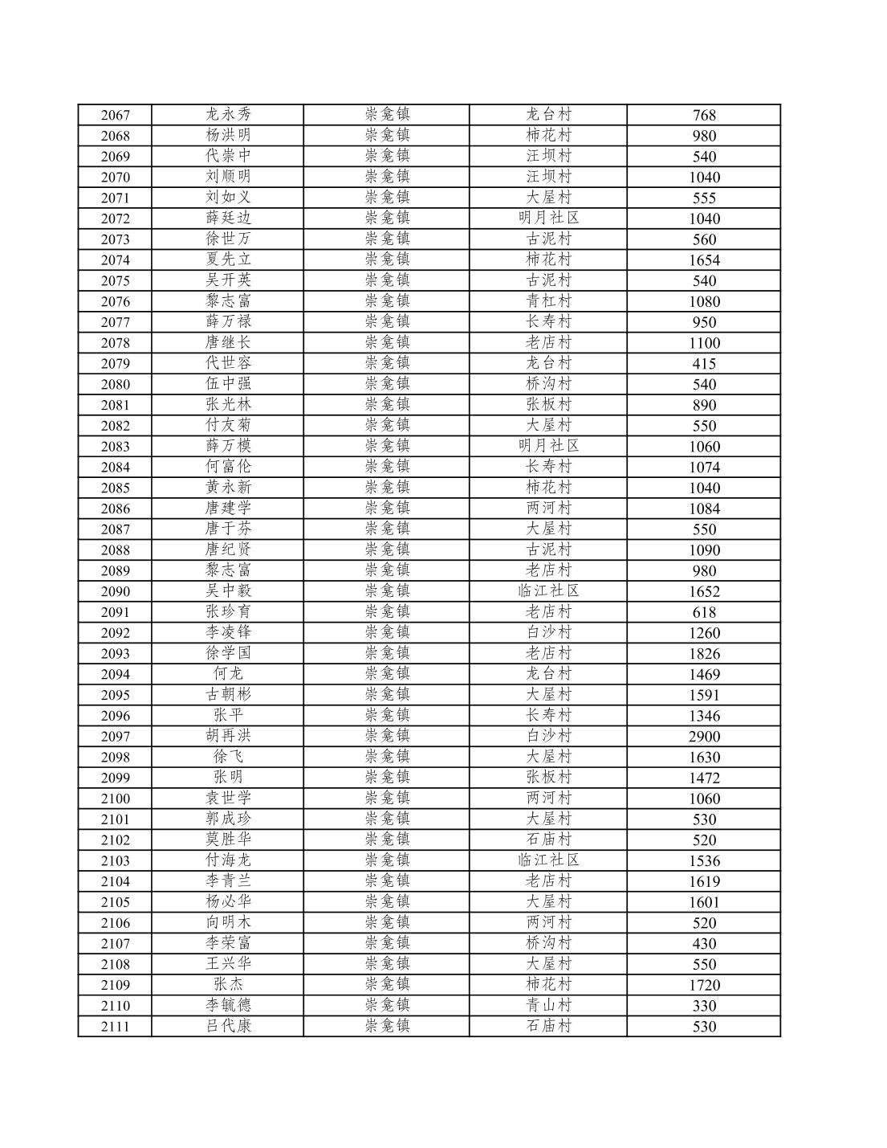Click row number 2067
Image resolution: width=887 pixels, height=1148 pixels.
[115, 115]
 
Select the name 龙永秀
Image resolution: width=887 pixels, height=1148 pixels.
[228, 115]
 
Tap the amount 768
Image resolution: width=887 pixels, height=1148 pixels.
[703, 115]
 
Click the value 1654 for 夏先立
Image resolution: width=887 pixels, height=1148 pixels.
[703, 259]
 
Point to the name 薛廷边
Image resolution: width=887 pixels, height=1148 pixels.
[228, 219]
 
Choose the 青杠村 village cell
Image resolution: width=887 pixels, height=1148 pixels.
[548, 301]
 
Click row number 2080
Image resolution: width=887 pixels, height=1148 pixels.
[115, 384]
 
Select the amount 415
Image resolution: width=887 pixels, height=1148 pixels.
[703, 363]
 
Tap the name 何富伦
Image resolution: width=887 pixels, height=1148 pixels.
[228, 467]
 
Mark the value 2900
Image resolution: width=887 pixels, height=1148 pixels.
[703, 737]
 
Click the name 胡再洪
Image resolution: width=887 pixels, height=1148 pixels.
[228, 736]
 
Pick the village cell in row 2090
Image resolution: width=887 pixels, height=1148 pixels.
[548, 591]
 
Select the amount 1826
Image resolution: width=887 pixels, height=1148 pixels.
[703, 653]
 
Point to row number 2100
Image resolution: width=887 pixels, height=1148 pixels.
[115, 799]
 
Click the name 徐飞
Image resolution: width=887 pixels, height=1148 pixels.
[228, 757]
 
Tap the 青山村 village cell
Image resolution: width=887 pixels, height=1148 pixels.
[548, 1005]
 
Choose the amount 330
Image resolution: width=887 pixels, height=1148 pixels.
[703, 1006]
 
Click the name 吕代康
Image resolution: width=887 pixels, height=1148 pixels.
[228, 1026]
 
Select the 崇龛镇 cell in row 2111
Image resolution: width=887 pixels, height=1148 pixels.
[387, 1026]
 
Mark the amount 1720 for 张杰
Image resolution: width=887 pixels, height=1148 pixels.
[703, 985]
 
